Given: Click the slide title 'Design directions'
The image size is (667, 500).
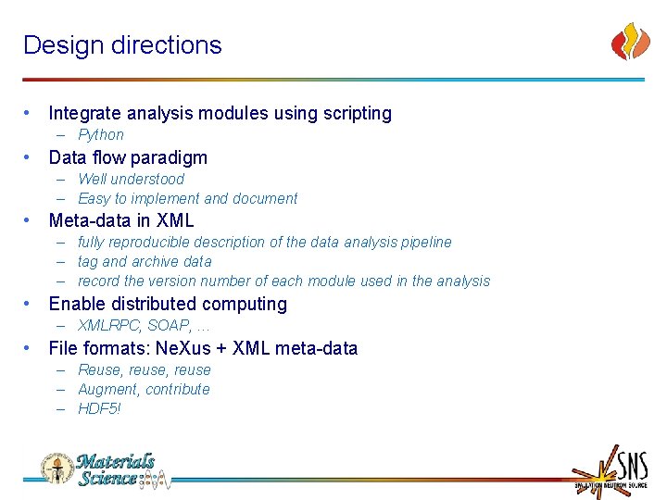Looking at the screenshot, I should pyautogui.click(x=122, y=45).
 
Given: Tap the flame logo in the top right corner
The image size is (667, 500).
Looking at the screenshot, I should pyautogui.click(x=630, y=43).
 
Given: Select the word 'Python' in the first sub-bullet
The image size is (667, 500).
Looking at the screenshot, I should pyautogui.click(x=101, y=134).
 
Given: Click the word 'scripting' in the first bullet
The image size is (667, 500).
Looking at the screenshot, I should pyautogui.click(x=358, y=114).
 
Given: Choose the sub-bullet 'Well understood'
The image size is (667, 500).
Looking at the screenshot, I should pyautogui.click(x=131, y=179).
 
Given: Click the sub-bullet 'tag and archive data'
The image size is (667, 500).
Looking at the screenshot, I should pyautogui.click(x=145, y=262).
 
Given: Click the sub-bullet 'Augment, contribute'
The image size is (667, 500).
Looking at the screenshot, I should pyautogui.click(x=144, y=390).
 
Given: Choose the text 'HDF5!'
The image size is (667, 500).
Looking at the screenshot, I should pyautogui.click(x=99, y=409).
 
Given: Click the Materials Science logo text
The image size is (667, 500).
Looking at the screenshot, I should pyautogui.click(x=115, y=470).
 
